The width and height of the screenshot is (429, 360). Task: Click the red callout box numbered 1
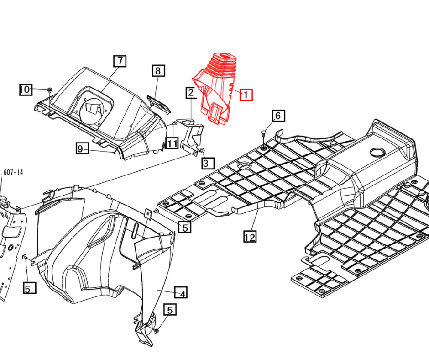pyautogui.click(x=246, y=95)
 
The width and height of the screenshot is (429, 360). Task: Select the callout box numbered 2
pyautogui.click(x=190, y=93)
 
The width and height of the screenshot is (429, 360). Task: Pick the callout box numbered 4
pyautogui.click(x=182, y=293)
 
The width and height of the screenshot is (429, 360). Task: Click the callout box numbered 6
pyautogui.click(x=278, y=116)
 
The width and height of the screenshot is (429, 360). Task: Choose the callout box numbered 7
pyautogui.click(x=120, y=61)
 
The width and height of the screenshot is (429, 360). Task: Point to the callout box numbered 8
pyautogui.click(x=158, y=71)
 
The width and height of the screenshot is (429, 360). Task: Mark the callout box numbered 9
pyautogui.click(x=82, y=148)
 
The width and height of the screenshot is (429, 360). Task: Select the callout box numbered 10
pyautogui.click(x=25, y=90)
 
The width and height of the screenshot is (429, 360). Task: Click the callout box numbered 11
pyautogui.click(x=172, y=143)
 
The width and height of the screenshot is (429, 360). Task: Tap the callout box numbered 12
pyautogui.click(x=250, y=237)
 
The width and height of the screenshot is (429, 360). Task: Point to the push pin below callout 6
pyautogui.click(x=264, y=133)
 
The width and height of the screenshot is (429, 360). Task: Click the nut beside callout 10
pyautogui.click(x=49, y=89)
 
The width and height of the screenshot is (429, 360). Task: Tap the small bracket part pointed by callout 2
pyautogui.click(x=192, y=135)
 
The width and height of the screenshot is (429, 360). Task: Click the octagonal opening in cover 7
pyautogui.click(x=96, y=108)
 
